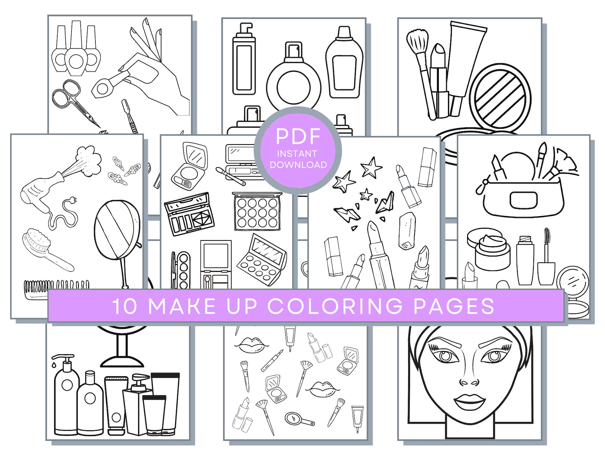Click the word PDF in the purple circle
click(298, 136)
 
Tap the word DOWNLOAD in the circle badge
click(298, 165)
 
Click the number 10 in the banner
click(125, 306)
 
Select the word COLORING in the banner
click(335, 306)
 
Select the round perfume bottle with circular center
click(293, 86)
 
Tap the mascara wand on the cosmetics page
click(546, 255)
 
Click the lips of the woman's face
click(469, 401)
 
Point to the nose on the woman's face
click(469, 381)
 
